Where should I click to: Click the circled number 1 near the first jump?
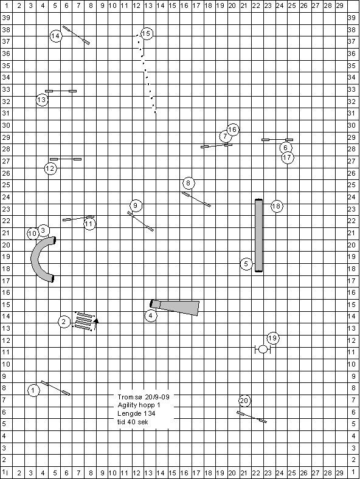pyautogui.click(x=33, y=390)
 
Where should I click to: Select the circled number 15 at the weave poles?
pyautogui.click(x=147, y=33)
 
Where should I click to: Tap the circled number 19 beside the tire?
pyautogui.click(x=272, y=338)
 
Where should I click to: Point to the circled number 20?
pyautogui.click(x=244, y=401)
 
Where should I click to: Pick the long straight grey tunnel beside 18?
pyautogui.click(x=258, y=235)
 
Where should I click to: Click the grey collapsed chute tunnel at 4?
pyautogui.click(x=176, y=308)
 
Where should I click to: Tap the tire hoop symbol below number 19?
pyautogui.click(x=263, y=349)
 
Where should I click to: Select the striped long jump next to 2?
pyautogui.click(x=85, y=322)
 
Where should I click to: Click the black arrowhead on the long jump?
pyautogui.click(x=96, y=320)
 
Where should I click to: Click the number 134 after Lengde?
pyautogui.click(x=150, y=413)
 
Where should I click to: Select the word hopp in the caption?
pyautogui.click(x=147, y=405)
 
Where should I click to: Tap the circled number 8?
pyautogui.click(x=189, y=184)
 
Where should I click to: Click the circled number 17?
pyautogui.click(x=287, y=157)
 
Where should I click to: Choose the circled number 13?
pyautogui.click(x=42, y=100)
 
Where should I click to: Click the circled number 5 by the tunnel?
pyautogui.click(x=246, y=264)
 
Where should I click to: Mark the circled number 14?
pyautogui.click(x=55, y=36)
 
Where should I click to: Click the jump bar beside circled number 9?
pyautogui.click(x=140, y=221)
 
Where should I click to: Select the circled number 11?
pyautogui.click(x=89, y=224)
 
